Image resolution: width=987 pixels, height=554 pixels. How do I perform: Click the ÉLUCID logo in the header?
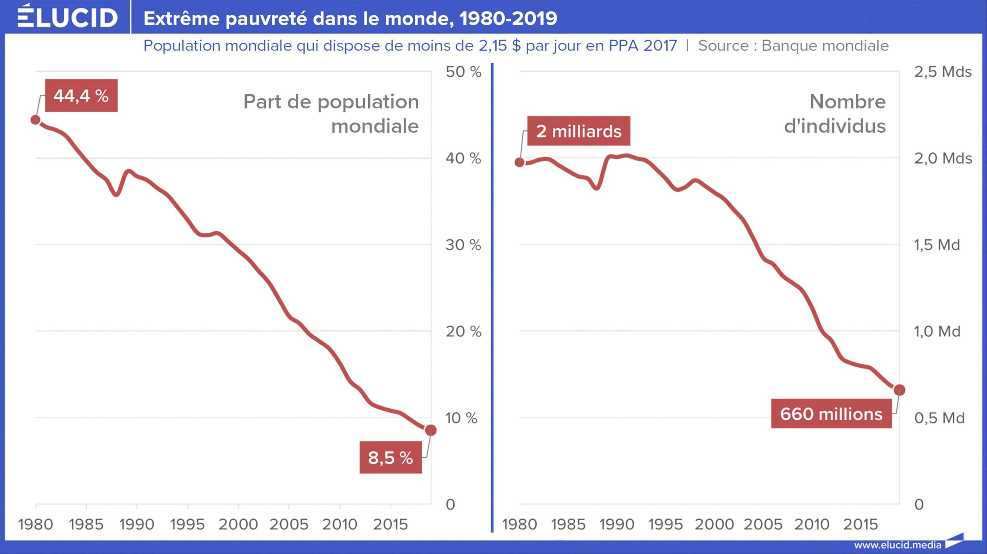tap(67, 17)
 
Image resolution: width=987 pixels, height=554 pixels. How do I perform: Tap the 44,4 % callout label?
tap(81, 96)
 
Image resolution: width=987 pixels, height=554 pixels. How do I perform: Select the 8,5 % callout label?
tap(390, 458)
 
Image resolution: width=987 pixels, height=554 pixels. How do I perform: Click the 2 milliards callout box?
tap(578, 131)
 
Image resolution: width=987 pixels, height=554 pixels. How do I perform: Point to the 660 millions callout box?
tap(831, 414)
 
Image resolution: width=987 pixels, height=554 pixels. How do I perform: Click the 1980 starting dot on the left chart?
tap(35, 120)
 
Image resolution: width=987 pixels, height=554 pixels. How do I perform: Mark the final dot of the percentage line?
tap(431, 430)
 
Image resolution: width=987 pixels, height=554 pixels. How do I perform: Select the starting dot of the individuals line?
tap(520, 162)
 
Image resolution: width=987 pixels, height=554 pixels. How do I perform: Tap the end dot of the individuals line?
tap(899, 390)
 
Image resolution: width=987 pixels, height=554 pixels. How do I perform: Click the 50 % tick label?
tap(463, 72)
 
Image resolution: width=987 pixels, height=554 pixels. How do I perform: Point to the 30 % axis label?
tap(463, 245)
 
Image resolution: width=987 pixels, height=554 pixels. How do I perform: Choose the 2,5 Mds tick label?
tap(943, 72)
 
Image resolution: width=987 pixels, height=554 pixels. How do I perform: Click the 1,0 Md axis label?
tap(937, 331)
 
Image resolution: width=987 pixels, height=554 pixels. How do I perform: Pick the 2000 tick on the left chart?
tap(238, 524)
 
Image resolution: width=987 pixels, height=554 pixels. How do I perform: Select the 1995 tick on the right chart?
tap(665, 524)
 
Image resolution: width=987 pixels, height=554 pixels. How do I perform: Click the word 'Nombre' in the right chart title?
tap(847, 102)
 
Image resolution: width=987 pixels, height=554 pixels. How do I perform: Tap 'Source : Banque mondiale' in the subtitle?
tap(793, 46)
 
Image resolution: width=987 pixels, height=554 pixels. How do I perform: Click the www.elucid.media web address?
tap(897, 545)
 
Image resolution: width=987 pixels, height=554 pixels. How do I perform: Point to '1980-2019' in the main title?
tap(508, 18)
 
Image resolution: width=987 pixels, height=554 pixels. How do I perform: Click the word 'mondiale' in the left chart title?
tap(375, 126)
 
